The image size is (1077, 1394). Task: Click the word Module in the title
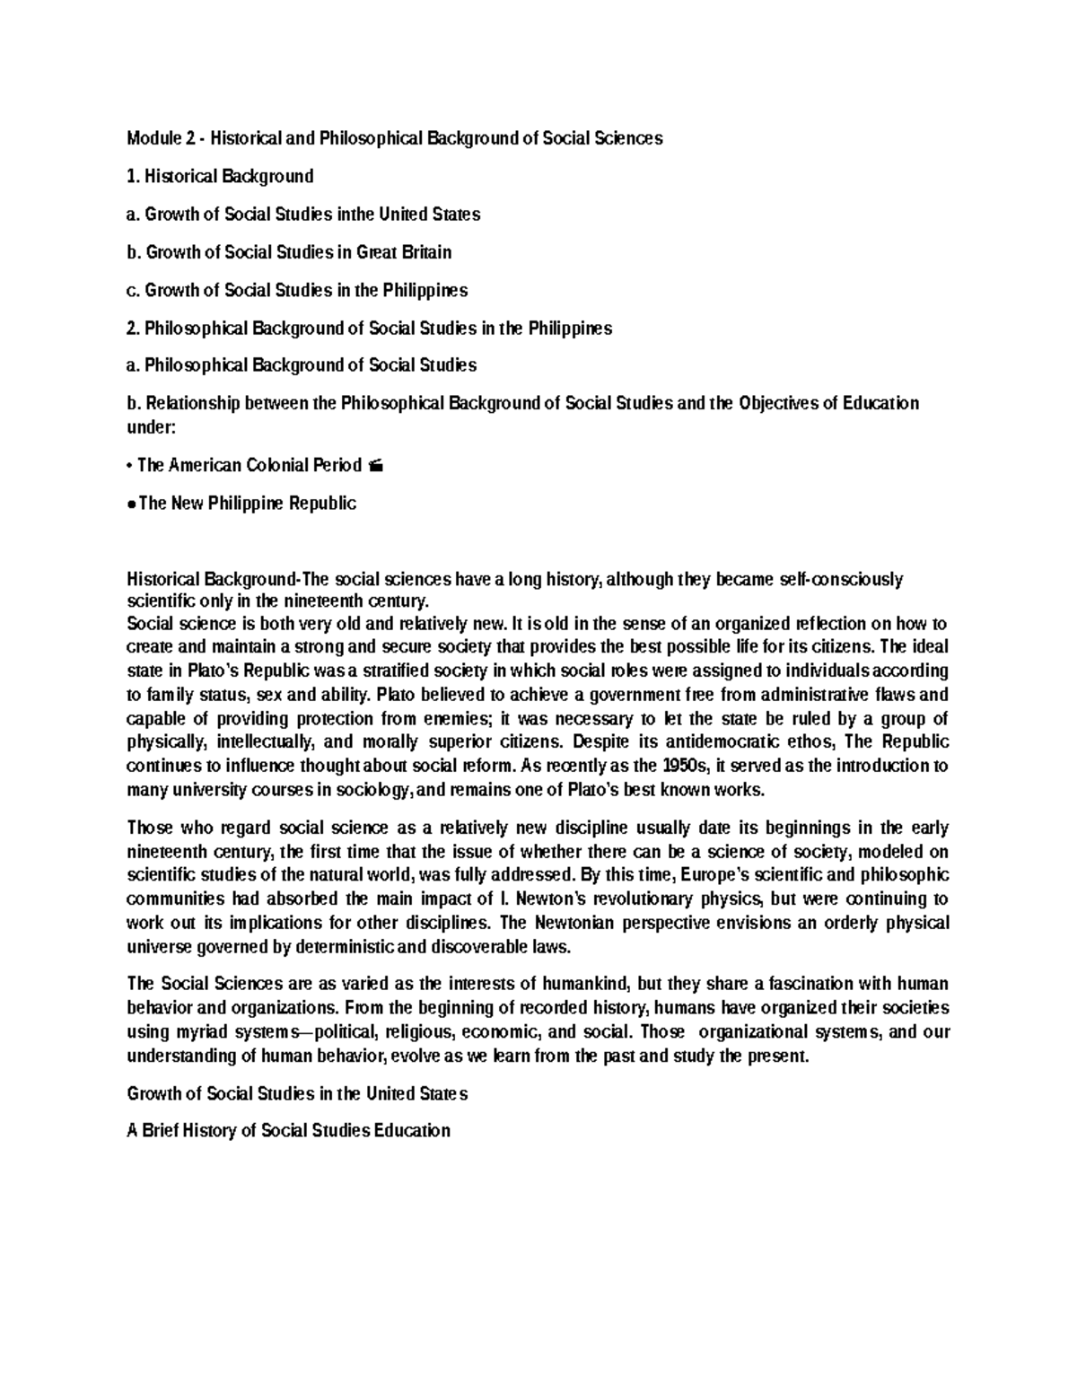click(x=153, y=138)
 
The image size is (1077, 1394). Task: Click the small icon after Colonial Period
click(x=375, y=466)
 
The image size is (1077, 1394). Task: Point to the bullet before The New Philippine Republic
click(x=131, y=504)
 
